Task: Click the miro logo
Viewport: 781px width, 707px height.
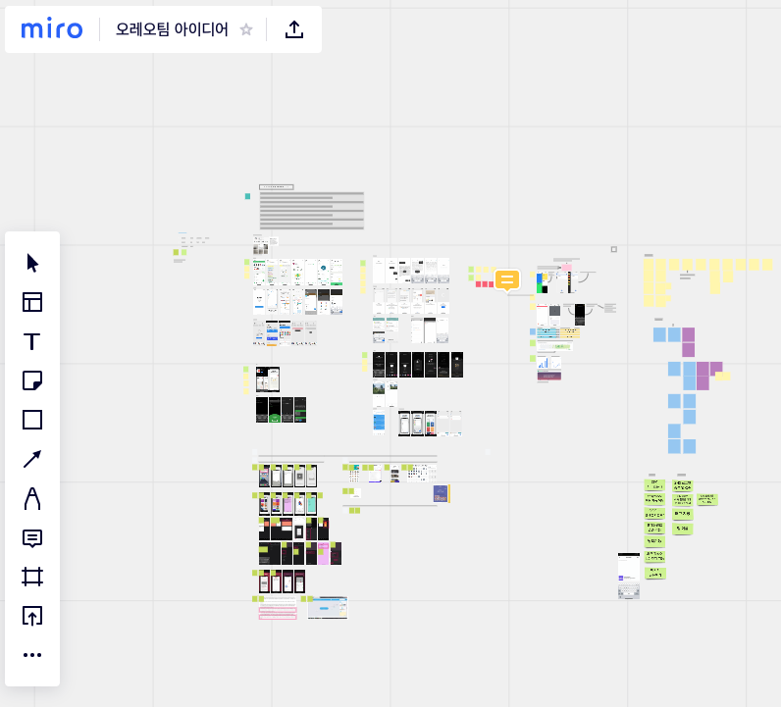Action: tap(52, 29)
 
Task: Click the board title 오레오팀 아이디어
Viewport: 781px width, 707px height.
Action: tap(172, 29)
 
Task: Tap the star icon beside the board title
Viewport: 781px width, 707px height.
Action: tap(246, 29)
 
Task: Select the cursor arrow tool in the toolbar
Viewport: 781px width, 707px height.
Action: tap(32, 263)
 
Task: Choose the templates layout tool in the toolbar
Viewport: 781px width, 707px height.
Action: tap(32, 302)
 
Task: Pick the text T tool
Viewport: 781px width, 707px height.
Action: tap(32, 341)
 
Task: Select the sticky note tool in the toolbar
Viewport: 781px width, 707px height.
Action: tap(32, 380)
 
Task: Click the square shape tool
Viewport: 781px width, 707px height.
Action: tap(32, 420)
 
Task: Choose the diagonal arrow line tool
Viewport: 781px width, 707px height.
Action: tap(32, 459)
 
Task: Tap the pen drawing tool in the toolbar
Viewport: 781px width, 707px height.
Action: tap(32, 498)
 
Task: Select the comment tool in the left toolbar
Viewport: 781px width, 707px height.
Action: tap(32, 537)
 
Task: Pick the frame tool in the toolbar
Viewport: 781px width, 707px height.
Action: tap(32, 577)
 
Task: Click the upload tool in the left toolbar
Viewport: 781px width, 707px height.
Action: tap(32, 616)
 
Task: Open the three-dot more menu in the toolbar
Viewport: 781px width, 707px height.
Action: tap(32, 655)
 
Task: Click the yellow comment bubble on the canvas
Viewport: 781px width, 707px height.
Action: tap(507, 280)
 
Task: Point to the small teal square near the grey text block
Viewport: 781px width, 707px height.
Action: tap(247, 196)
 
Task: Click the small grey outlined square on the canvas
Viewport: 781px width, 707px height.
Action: tap(614, 249)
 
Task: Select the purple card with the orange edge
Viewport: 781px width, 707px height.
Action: tap(441, 493)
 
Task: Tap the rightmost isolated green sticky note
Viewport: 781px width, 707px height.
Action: tap(706, 499)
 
